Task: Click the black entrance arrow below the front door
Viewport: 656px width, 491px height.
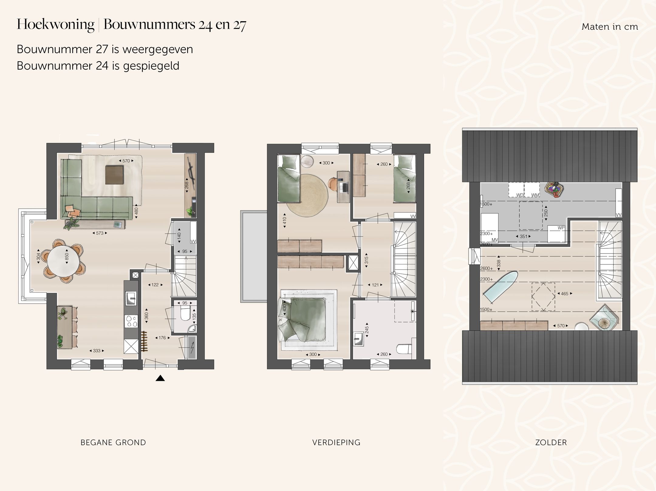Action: [x=160, y=378]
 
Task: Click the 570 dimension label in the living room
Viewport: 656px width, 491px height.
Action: [x=126, y=161]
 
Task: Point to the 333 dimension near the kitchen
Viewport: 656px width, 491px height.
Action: [x=97, y=351]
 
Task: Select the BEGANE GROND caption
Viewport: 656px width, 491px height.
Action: [x=113, y=442]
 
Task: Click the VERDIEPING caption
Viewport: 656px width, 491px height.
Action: [x=336, y=442]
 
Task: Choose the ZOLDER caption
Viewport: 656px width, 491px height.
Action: [x=551, y=442]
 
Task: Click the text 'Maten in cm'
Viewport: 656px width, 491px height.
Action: [x=610, y=27]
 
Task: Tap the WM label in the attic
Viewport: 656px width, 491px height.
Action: [x=535, y=195]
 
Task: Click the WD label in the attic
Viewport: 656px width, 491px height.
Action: [x=520, y=195]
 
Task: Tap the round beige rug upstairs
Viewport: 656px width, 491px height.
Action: [x=307, y=196]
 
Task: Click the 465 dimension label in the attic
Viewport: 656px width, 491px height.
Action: [x=564, y=294]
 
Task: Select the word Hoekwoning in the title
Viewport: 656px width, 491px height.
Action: [x=56, y=24]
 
